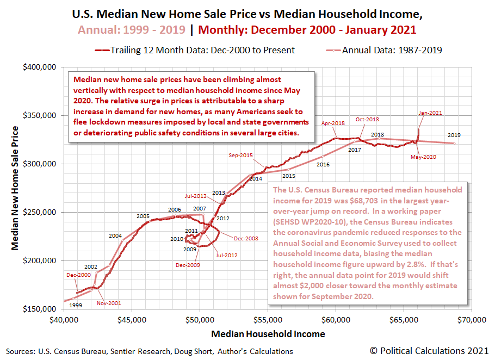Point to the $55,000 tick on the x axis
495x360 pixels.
[x=268, y=319]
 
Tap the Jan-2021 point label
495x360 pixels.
[x=430, y=113]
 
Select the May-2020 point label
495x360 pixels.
[x=425, y=157]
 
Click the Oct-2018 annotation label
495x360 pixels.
[x=368, y=120]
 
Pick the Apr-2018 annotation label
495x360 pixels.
[x=334, y=123]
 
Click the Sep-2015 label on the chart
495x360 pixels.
[x=240, y=156]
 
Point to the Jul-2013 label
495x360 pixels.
[x=195, y=196]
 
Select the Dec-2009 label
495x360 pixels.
[x=187, y=265]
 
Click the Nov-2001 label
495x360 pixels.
[x=109, y=303]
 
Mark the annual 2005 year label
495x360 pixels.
[x=143, y=216]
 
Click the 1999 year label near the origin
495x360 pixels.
[x=76, y=306]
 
